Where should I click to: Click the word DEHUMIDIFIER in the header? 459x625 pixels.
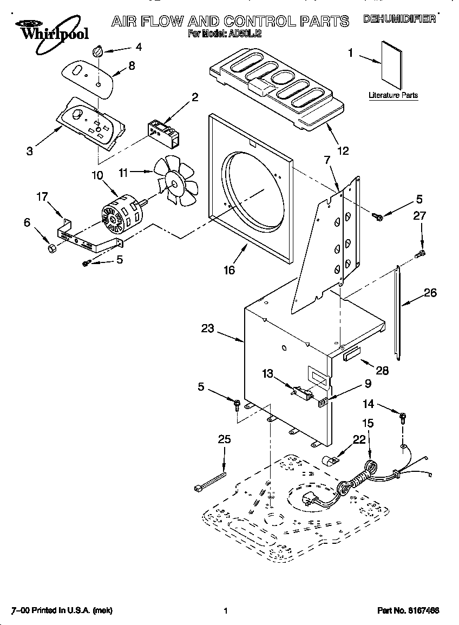tap(399, 20)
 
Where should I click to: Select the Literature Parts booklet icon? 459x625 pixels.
tap(391, 65)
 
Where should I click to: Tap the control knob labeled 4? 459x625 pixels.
tap(97, 51)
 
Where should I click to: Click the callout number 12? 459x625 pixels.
tap(343, 151)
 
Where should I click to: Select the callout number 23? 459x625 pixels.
tap(208, 328)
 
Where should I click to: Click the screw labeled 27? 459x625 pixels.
tap(420, 253)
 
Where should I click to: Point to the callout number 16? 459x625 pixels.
tap(229, 270)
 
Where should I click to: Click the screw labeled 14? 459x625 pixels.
tap(403, 417)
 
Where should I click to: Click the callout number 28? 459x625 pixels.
tap(382, 371)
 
